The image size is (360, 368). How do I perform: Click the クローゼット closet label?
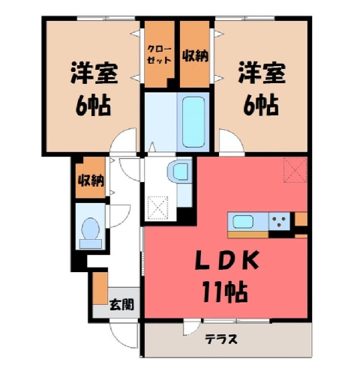159,54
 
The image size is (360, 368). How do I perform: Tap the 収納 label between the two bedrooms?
195,55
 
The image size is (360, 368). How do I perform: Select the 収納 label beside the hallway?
91,180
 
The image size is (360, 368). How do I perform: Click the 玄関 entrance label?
121,304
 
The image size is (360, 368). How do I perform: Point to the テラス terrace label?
221,339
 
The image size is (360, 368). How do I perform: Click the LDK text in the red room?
227,261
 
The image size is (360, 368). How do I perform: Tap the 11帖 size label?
225,292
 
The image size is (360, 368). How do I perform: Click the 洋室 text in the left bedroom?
94,73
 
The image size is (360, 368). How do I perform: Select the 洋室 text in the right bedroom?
262,73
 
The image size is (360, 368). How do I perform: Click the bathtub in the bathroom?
193,122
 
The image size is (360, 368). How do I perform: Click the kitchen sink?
243,222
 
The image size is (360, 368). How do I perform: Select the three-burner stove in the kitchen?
280,221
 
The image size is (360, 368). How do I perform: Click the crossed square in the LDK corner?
295,170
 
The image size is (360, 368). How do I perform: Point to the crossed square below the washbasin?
157,208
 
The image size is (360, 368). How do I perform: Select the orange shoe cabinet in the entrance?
100,288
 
